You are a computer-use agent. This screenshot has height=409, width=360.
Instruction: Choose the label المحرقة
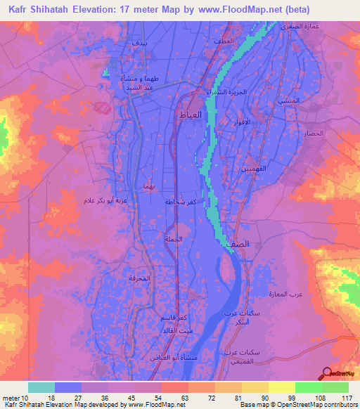(140, 279)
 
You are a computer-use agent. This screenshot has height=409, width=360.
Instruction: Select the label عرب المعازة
(284, 293)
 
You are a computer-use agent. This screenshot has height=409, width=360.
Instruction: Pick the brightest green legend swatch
(308, 387)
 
